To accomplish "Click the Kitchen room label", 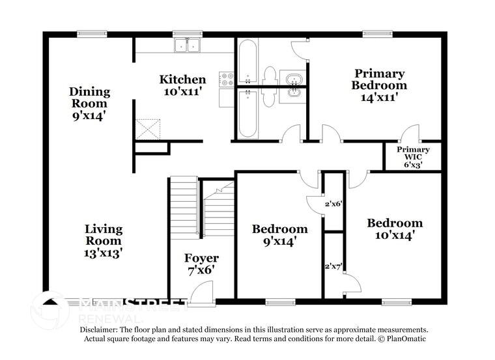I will point(183,80).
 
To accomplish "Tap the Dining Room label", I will point(89,98).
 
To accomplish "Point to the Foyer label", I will point(201,258).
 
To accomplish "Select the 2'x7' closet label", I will point(333,266).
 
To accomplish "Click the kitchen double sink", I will point(187,44).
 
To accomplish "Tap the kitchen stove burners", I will point(227,80).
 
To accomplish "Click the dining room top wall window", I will point(87,35).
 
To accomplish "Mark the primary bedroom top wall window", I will point(374,35).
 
